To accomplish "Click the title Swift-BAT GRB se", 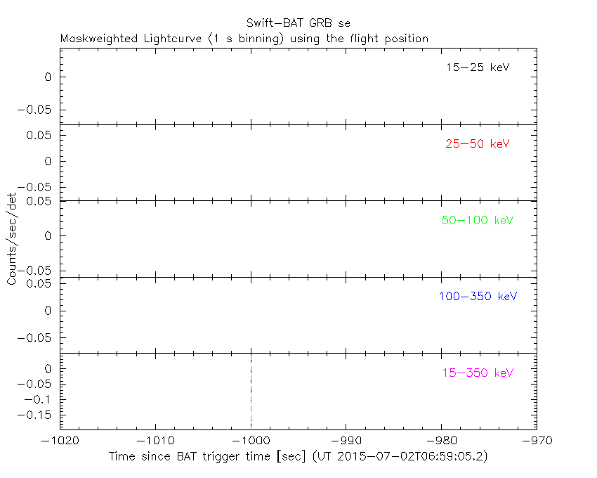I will tap(298, 23).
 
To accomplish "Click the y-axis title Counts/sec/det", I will tap(12, 239).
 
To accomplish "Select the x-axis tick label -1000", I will tap(251, 441).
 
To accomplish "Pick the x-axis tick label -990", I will tap(346, 441).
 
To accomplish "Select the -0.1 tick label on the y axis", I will tap(42, 399).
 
